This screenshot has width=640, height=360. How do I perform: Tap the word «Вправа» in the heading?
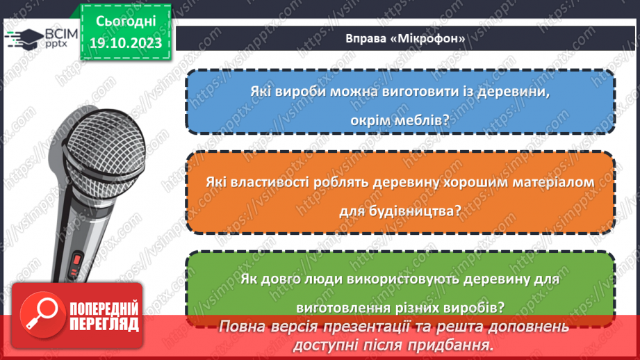365,38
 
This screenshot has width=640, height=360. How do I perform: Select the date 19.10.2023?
125,43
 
